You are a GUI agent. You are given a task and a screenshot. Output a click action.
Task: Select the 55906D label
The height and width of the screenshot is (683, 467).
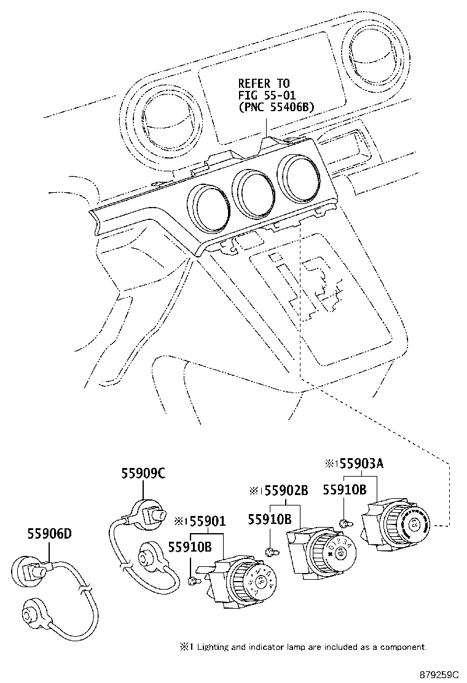pyautogui.click(x=49, y=534)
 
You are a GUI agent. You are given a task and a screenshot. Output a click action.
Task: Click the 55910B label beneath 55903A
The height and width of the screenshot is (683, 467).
pyautogui.click(x=345, y=490)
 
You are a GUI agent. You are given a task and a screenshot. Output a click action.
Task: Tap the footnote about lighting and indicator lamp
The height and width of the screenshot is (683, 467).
pyautogui.click(x=304, y=647)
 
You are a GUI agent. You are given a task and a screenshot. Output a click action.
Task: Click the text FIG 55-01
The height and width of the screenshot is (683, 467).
pyautogui.click(x=264, y=95)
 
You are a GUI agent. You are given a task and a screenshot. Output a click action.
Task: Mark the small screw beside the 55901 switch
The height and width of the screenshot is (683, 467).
pyautogui.click(x=194, y=579)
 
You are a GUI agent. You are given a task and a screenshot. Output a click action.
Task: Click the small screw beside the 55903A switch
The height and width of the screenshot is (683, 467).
pyautogui.click(x=345, y=523)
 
